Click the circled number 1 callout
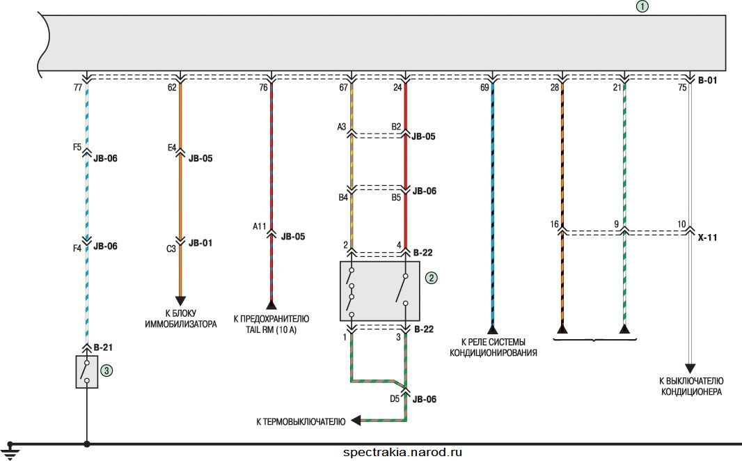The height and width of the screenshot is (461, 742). (x=642, y=7)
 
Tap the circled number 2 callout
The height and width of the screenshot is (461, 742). (x=431, y=278)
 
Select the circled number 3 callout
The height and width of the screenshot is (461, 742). (x=106, y=370)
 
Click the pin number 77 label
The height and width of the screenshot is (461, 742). (x=78, y=88)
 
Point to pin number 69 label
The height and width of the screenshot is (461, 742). (x=484, y=88)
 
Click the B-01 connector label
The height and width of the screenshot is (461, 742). (x=707, y=81)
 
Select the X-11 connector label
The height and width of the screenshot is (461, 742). (x=707, y=237)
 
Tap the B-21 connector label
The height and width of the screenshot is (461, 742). (x=103, y=347)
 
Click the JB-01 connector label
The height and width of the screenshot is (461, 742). (x=200, y=243)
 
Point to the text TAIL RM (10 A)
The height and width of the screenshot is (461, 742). (x=271, y=330)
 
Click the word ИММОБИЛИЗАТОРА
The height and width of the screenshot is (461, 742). (x=181, y=325)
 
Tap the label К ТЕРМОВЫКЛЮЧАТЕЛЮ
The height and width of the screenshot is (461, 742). (x=301, y=421)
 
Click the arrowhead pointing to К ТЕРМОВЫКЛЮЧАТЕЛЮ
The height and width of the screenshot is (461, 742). (x=356, y=420)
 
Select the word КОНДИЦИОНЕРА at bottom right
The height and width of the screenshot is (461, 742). (x=691, y=392)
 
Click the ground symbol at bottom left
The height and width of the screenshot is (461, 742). (x=10, y=451)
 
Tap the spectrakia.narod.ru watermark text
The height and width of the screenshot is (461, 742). (x=403, y=453)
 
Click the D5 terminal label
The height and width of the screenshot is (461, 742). (x=395, y=399)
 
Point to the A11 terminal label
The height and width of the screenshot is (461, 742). (x=260, y=227)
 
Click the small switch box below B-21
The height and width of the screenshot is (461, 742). (x=87, y=372)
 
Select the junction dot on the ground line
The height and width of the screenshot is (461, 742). (x=86, y=444)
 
